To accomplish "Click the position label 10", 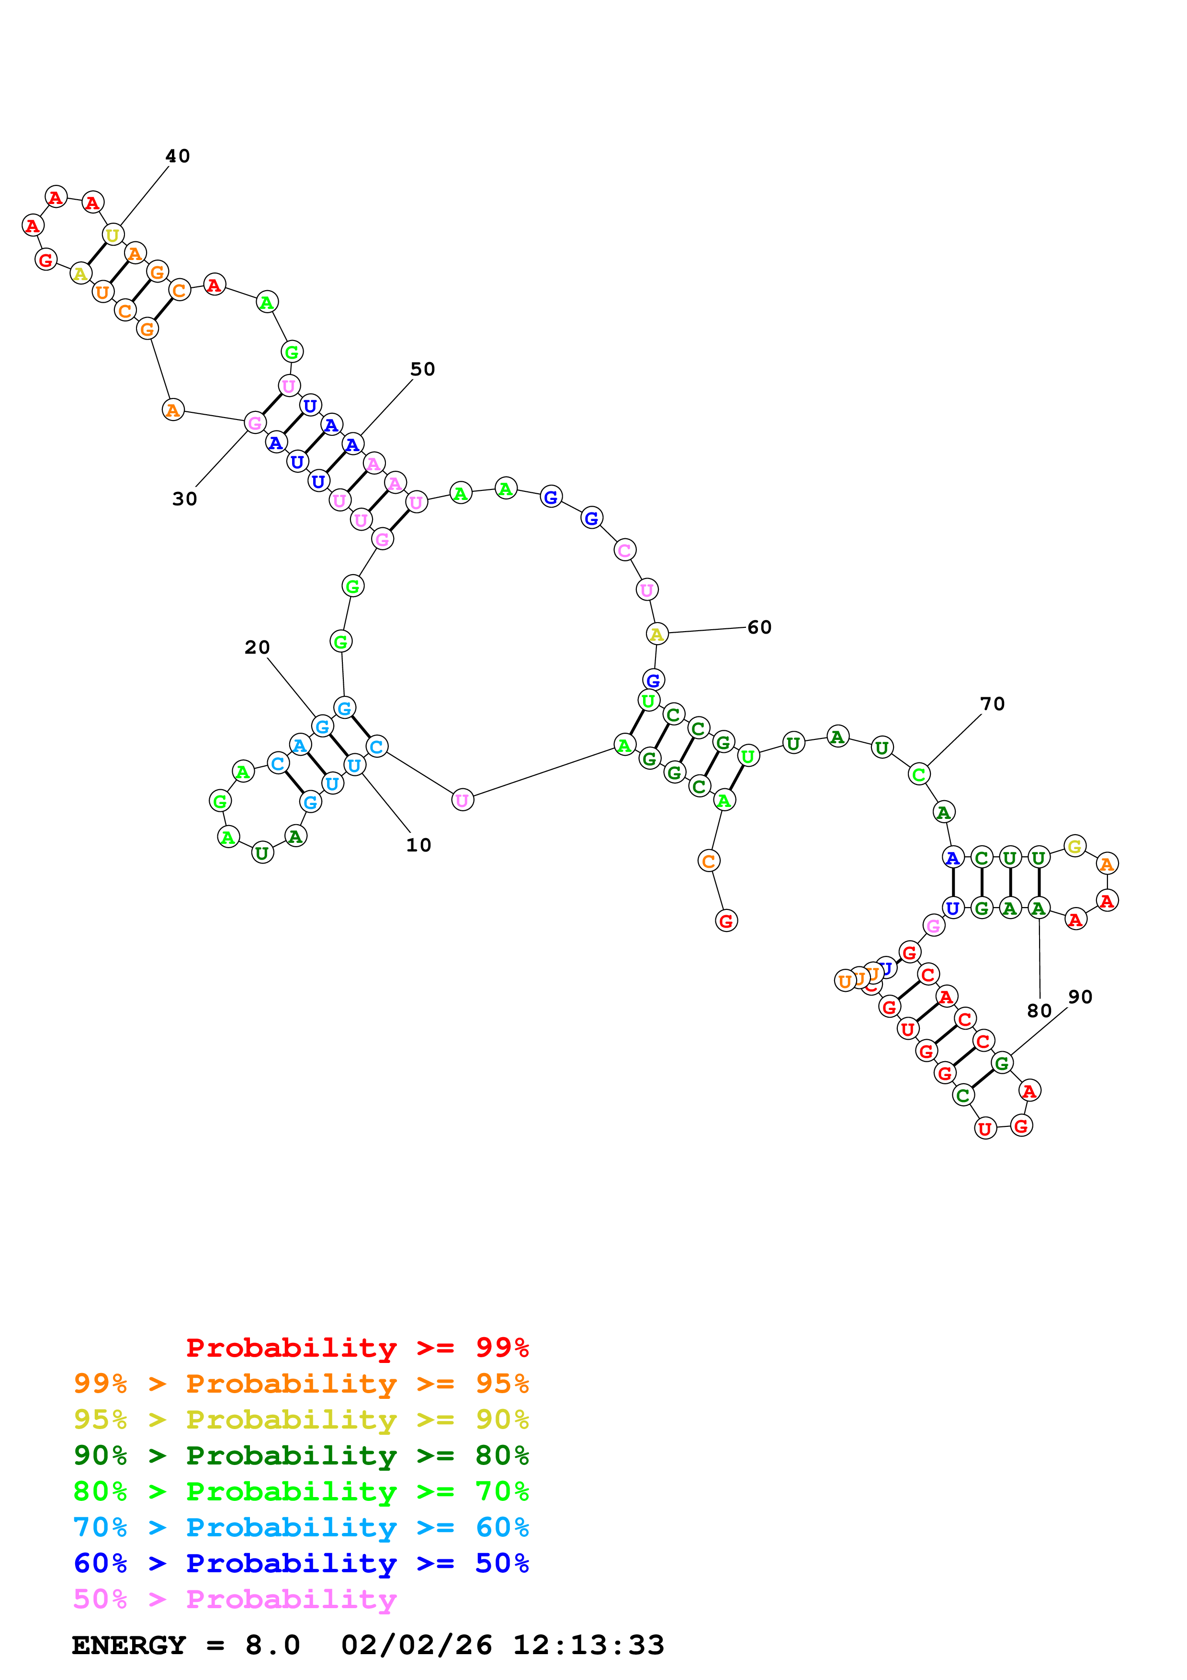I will pyautogui.click(x=418, y=845).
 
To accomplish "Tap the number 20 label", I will pyautogui.click(x=257, y=647).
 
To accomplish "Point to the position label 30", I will pyautogui.click(x=184, y=499).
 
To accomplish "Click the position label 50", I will pyautogui.click(x=423, y=370).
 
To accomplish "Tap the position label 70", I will pyautogui.click(x=993, y=704).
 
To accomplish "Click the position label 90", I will pyautogui.click(x=1080, y=997).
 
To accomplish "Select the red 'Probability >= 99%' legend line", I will pyautogui.click(x=357, y=1348).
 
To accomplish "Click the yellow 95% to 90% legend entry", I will pyautogui.click(x=301, y=1419).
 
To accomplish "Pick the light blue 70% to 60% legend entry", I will pyautogui.click(x=301, y=1528).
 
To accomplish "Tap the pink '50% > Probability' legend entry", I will pyautogui.click(x=235, y=1600).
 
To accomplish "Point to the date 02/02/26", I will pyautogui.click(x=416, y=1645).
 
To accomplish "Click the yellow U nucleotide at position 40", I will pyautogui.click(x=113, y=236).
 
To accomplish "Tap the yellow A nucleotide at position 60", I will pyautogui.click(x=657, y=635).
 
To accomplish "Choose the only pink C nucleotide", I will pyautogui.click(x=624, y=550).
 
